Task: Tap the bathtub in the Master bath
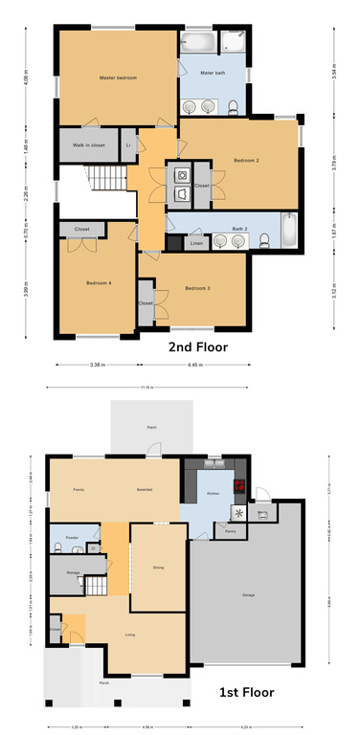click(x=198, y=43)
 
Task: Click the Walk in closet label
click(x=88, y=145)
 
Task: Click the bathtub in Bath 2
click(x=289, y=230)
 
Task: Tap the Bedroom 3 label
click(x=197, y=288)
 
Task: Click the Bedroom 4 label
click(x=99, y=283)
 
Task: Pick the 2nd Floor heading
click(x=198, y=347)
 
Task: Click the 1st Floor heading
click(x=248, y=691)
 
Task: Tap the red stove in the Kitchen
click(x=241, y=484)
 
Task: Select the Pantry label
click(x=231, y=531)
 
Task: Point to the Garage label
click(x=248, y=595)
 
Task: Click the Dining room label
click(x=158, y=568)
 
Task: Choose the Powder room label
click(x=72, y=539)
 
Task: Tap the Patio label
click(x=151, y=428)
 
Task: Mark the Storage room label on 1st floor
click(x=73, y=572)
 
